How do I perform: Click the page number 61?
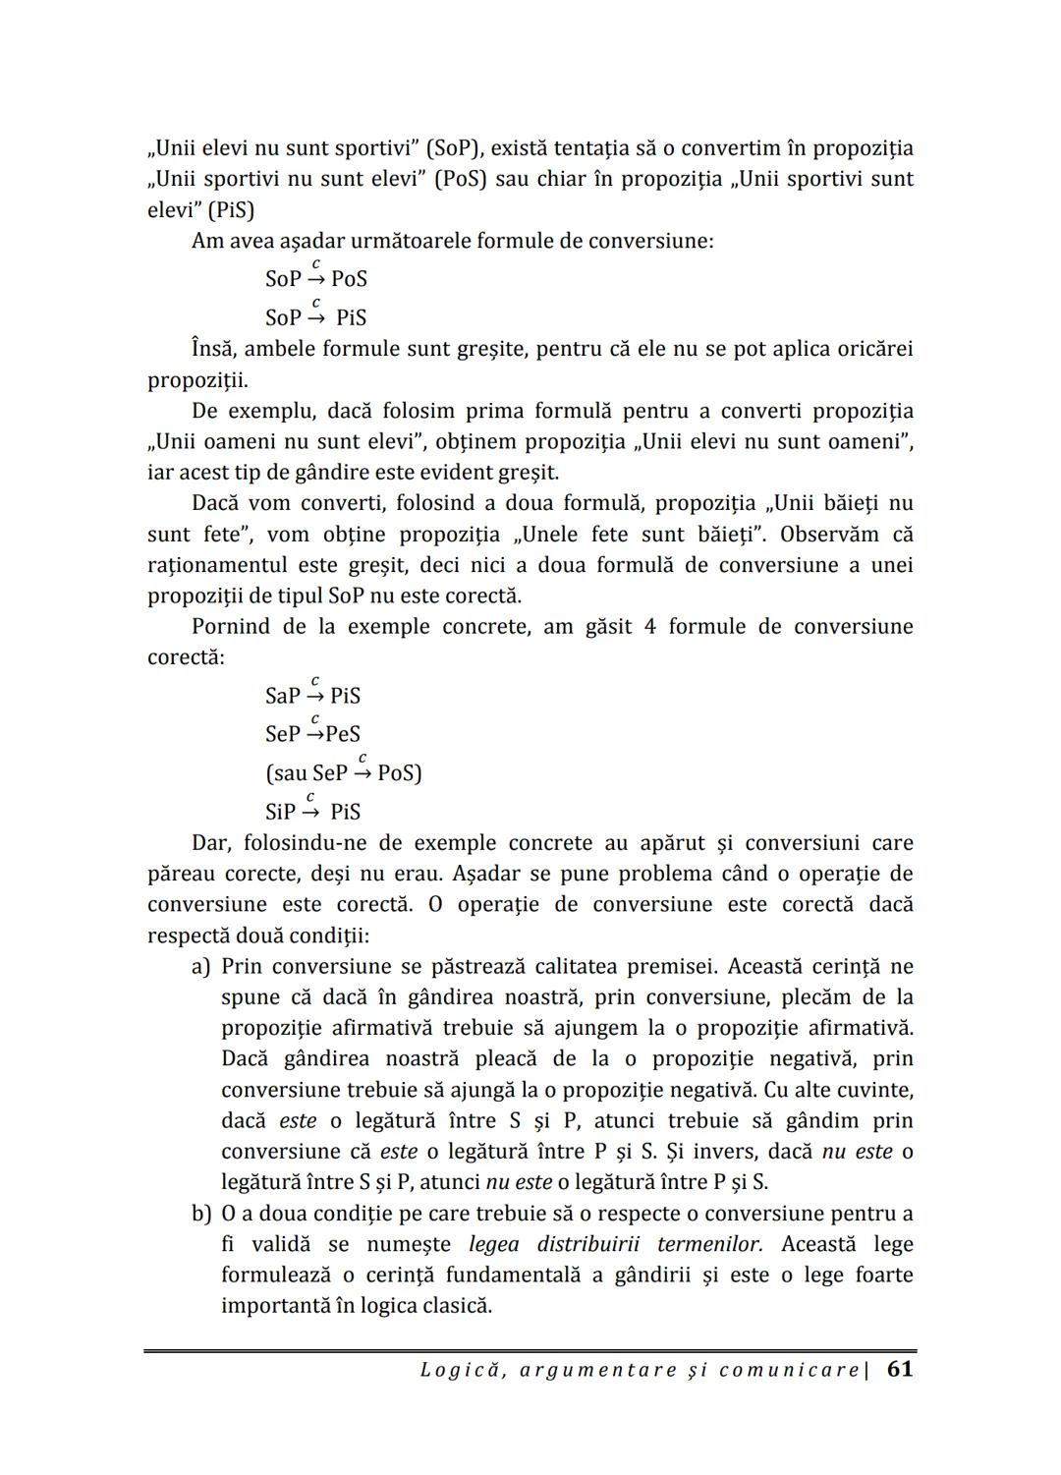point(899,1369)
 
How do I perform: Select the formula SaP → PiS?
point(312,695)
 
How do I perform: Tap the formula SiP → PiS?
point(312,811)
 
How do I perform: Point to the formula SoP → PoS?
point(315,278)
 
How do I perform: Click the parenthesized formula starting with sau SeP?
point(343,772)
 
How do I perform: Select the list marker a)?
point(201,966)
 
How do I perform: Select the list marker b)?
point(201,1214)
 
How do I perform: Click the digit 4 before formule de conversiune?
point(650,626)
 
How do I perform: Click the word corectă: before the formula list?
point(186,656)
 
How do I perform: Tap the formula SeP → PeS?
point(312,733)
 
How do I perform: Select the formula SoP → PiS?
point(315,316)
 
